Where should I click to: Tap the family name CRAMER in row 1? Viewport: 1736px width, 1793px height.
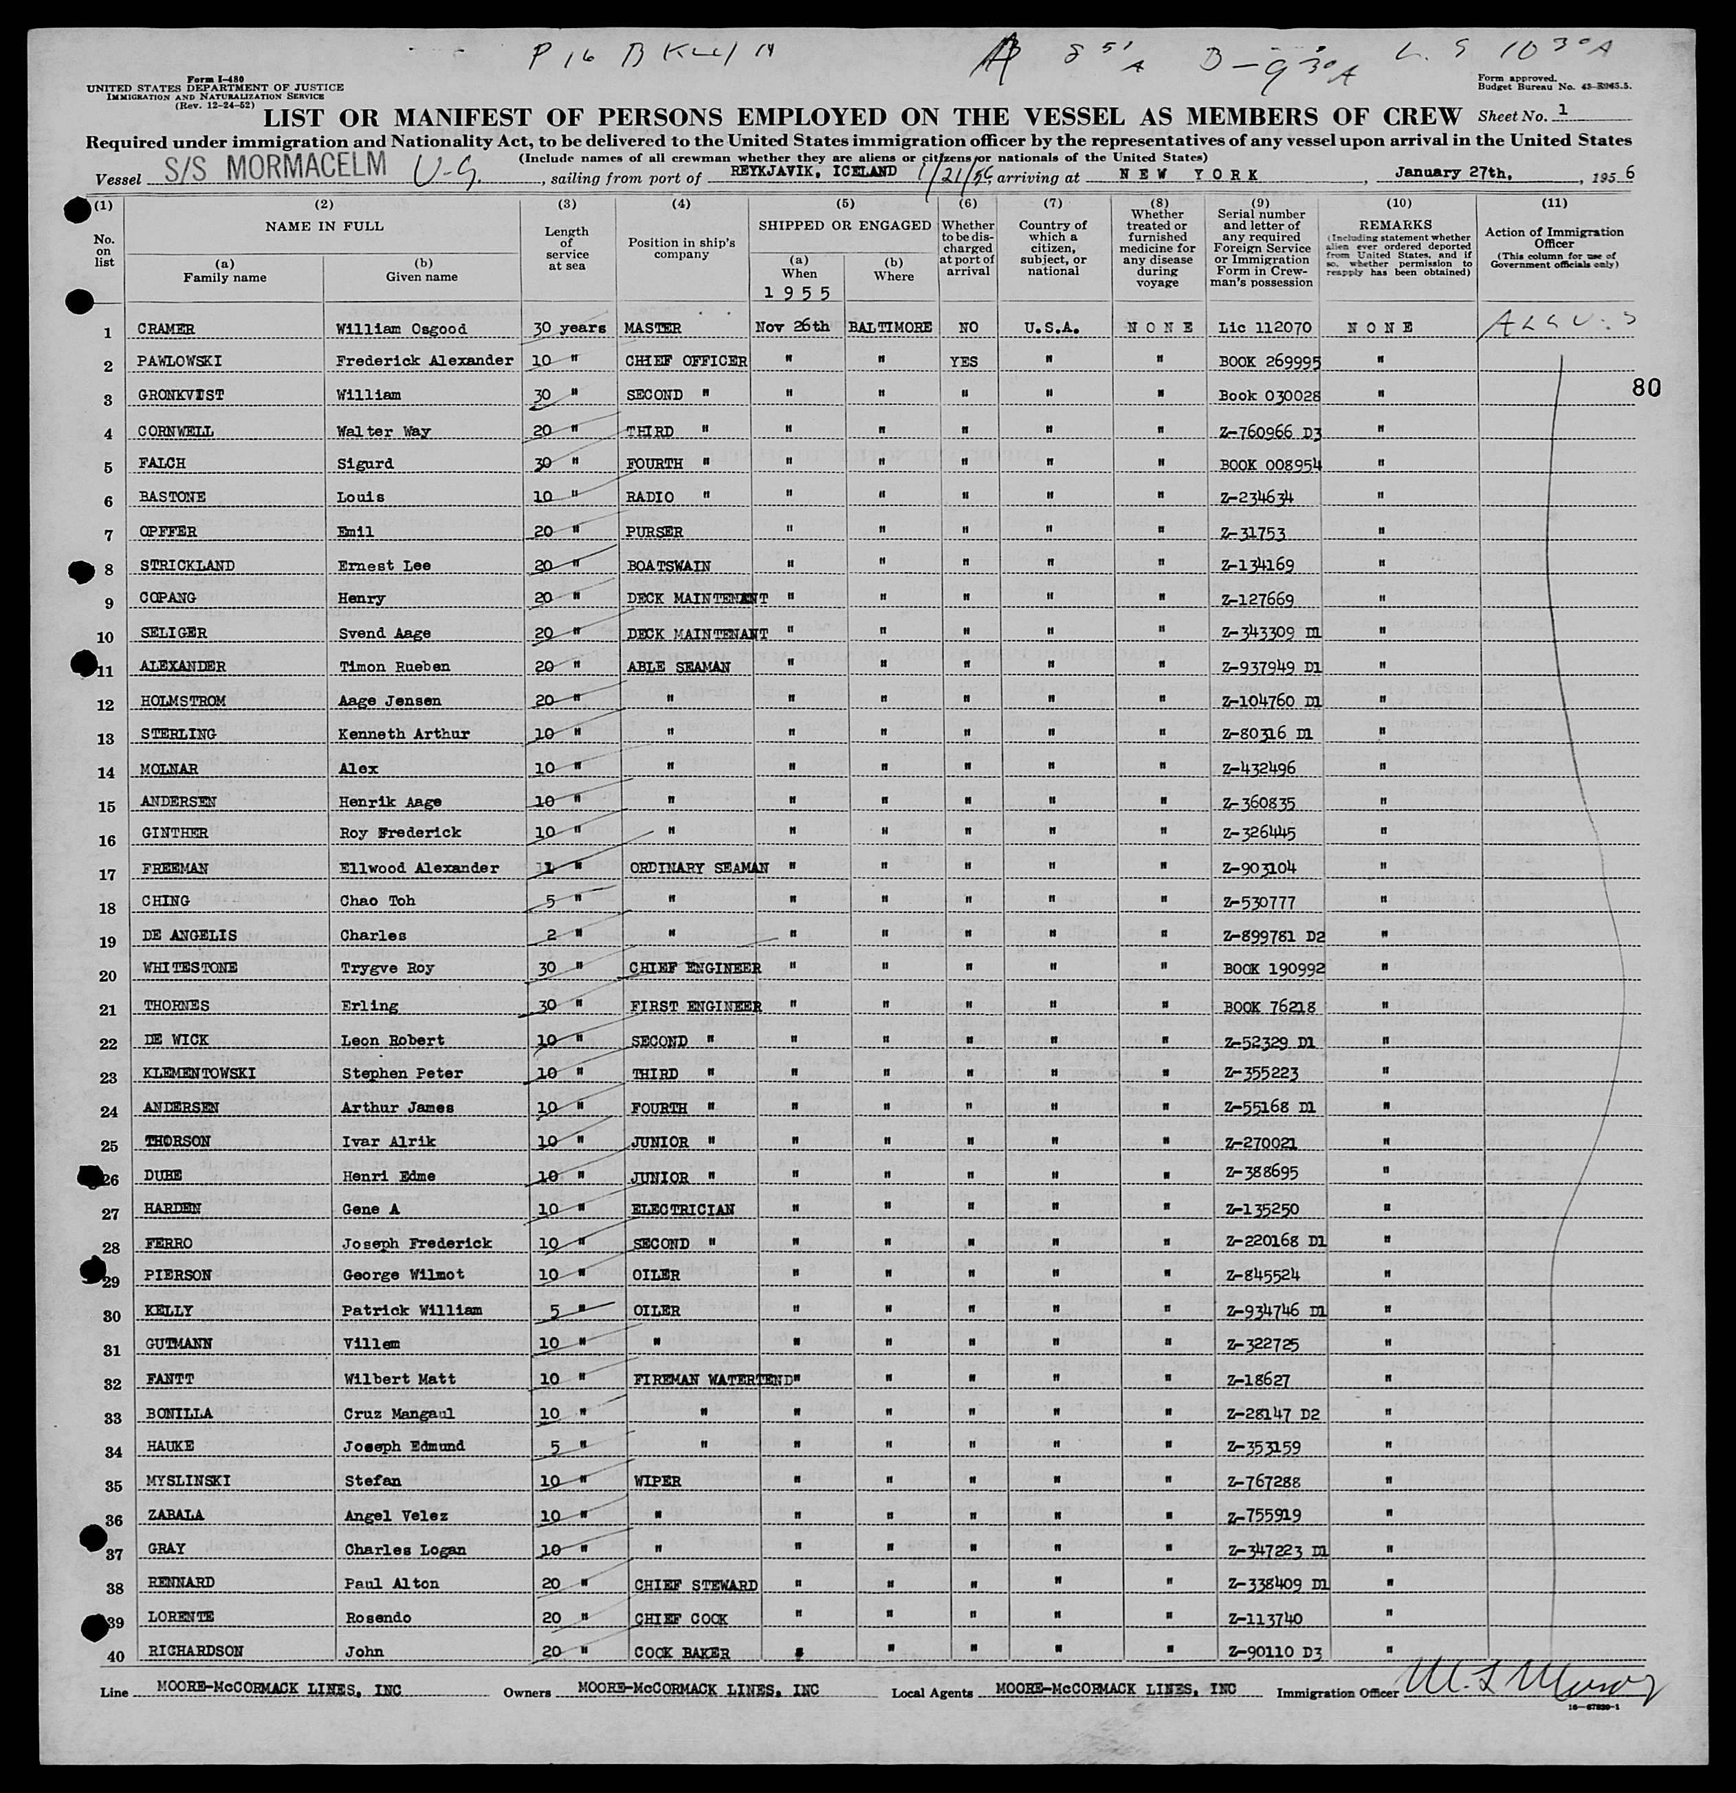pos(166,329)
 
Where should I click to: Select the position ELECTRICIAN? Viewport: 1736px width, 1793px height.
pos(681,1210)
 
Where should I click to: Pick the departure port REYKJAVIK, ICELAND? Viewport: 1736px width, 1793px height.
pos(811,171)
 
